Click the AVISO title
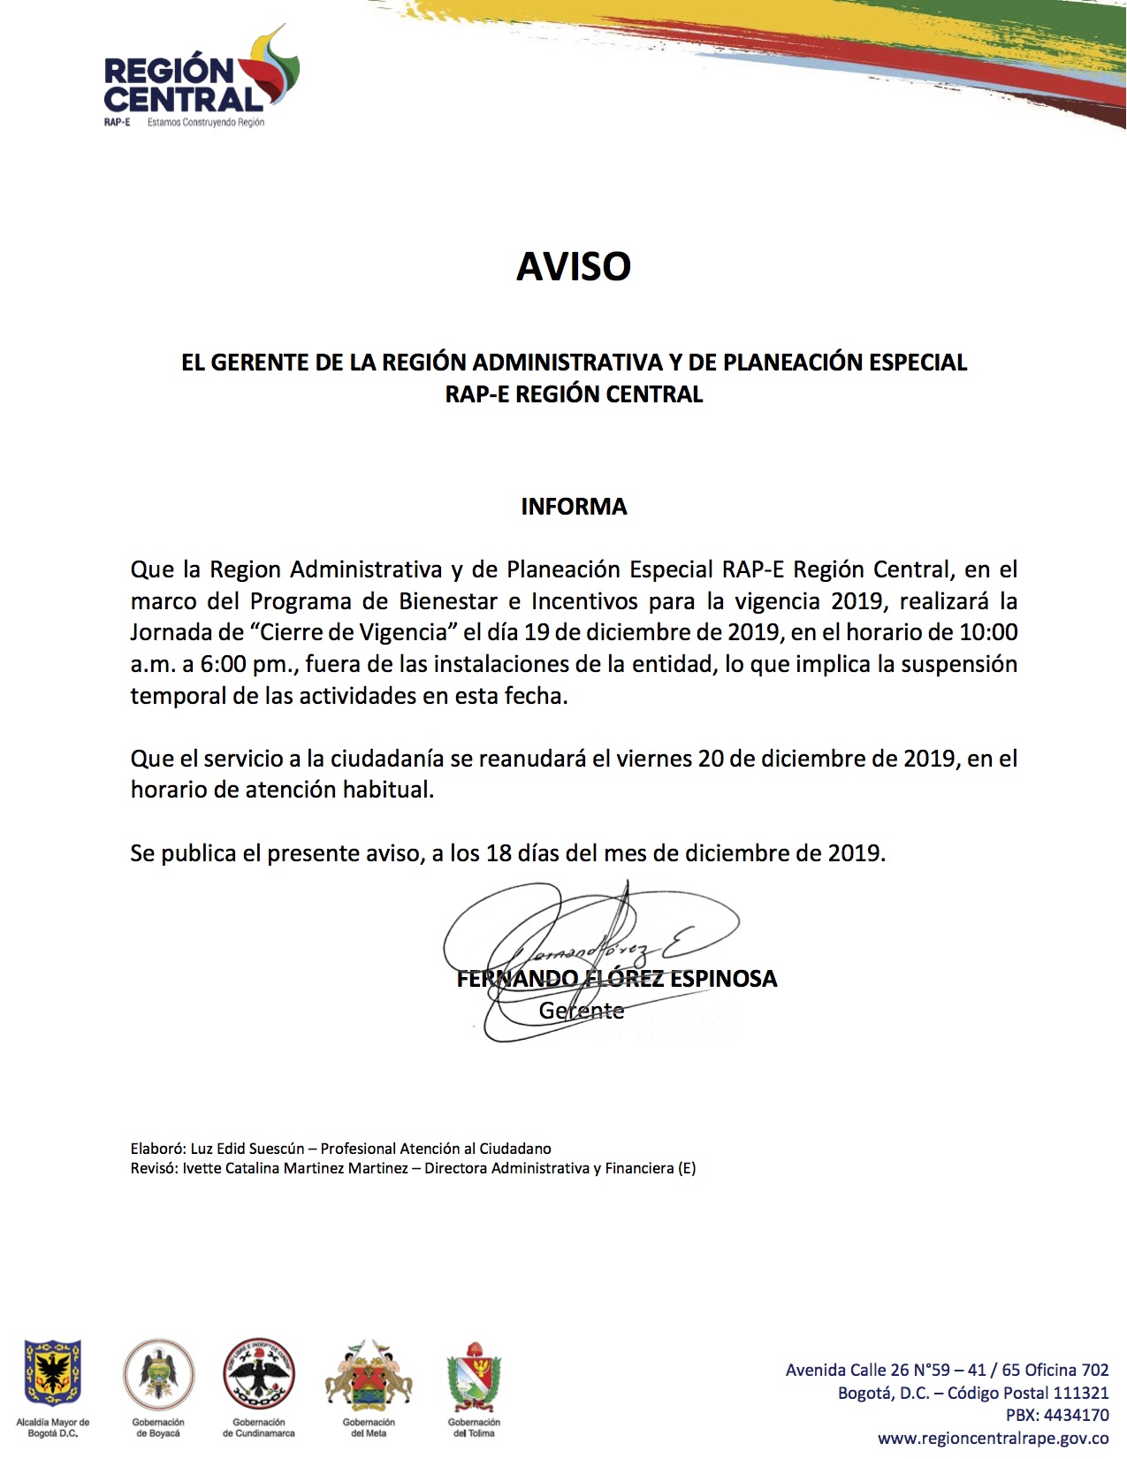point(573,266)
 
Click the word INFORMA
point(574,507)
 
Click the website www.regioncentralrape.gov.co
point(994,1439)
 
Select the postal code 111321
point(1080,1393)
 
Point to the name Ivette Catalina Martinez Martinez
point(295,1168)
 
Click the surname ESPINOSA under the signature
point(724,979)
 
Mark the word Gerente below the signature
point(582,1011)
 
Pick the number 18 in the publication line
point(499,853)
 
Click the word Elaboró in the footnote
point(156,1149)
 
